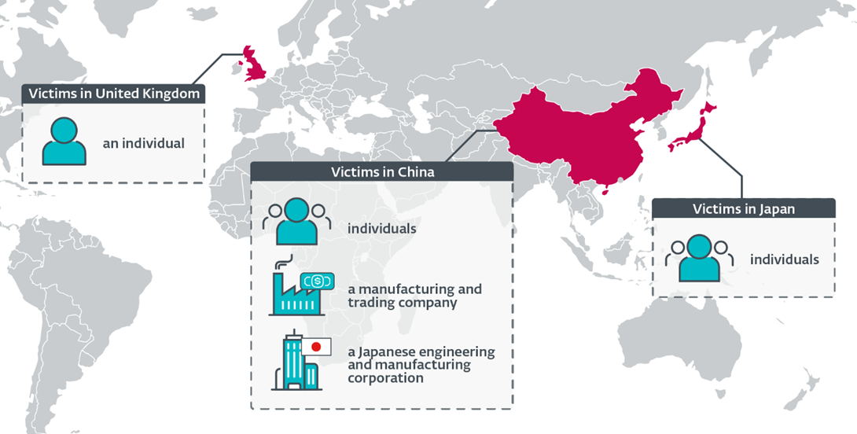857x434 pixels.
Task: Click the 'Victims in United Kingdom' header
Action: click(114, 94)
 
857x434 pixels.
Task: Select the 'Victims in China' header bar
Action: click(382, 171)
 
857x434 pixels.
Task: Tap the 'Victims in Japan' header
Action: click(743, 208)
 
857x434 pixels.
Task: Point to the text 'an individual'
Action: click(143, 144)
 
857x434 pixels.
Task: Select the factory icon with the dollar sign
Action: click(296, 291)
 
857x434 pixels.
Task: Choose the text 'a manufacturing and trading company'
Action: click(414, 296)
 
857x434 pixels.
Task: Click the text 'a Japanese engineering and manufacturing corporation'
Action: click(421, 365)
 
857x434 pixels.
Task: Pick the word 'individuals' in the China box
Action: click(382, 230)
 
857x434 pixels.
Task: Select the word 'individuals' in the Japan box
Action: click(784, 259)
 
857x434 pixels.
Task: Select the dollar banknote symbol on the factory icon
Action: click(317, 280)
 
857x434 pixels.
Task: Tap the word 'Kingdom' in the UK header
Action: click(174, 94)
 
